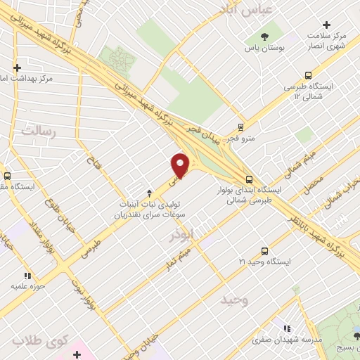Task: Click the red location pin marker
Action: pos(181,165)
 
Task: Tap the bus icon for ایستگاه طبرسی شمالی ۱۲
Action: pos(308,75)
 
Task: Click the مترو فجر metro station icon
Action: pos(242,127)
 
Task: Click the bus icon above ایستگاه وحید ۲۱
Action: pos(264,250)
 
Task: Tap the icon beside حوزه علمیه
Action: pos(27,276)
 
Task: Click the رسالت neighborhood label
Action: pos(38,130)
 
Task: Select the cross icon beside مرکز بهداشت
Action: pos(15,69)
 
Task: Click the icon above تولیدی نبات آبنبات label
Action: pos(148,193)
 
